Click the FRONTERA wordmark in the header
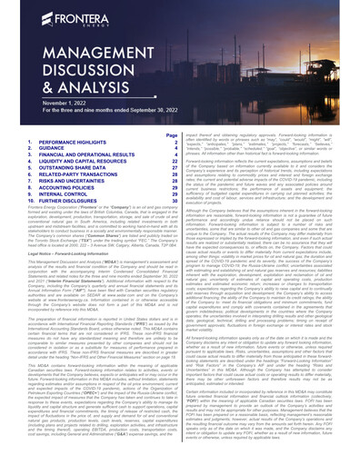point(64,17)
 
